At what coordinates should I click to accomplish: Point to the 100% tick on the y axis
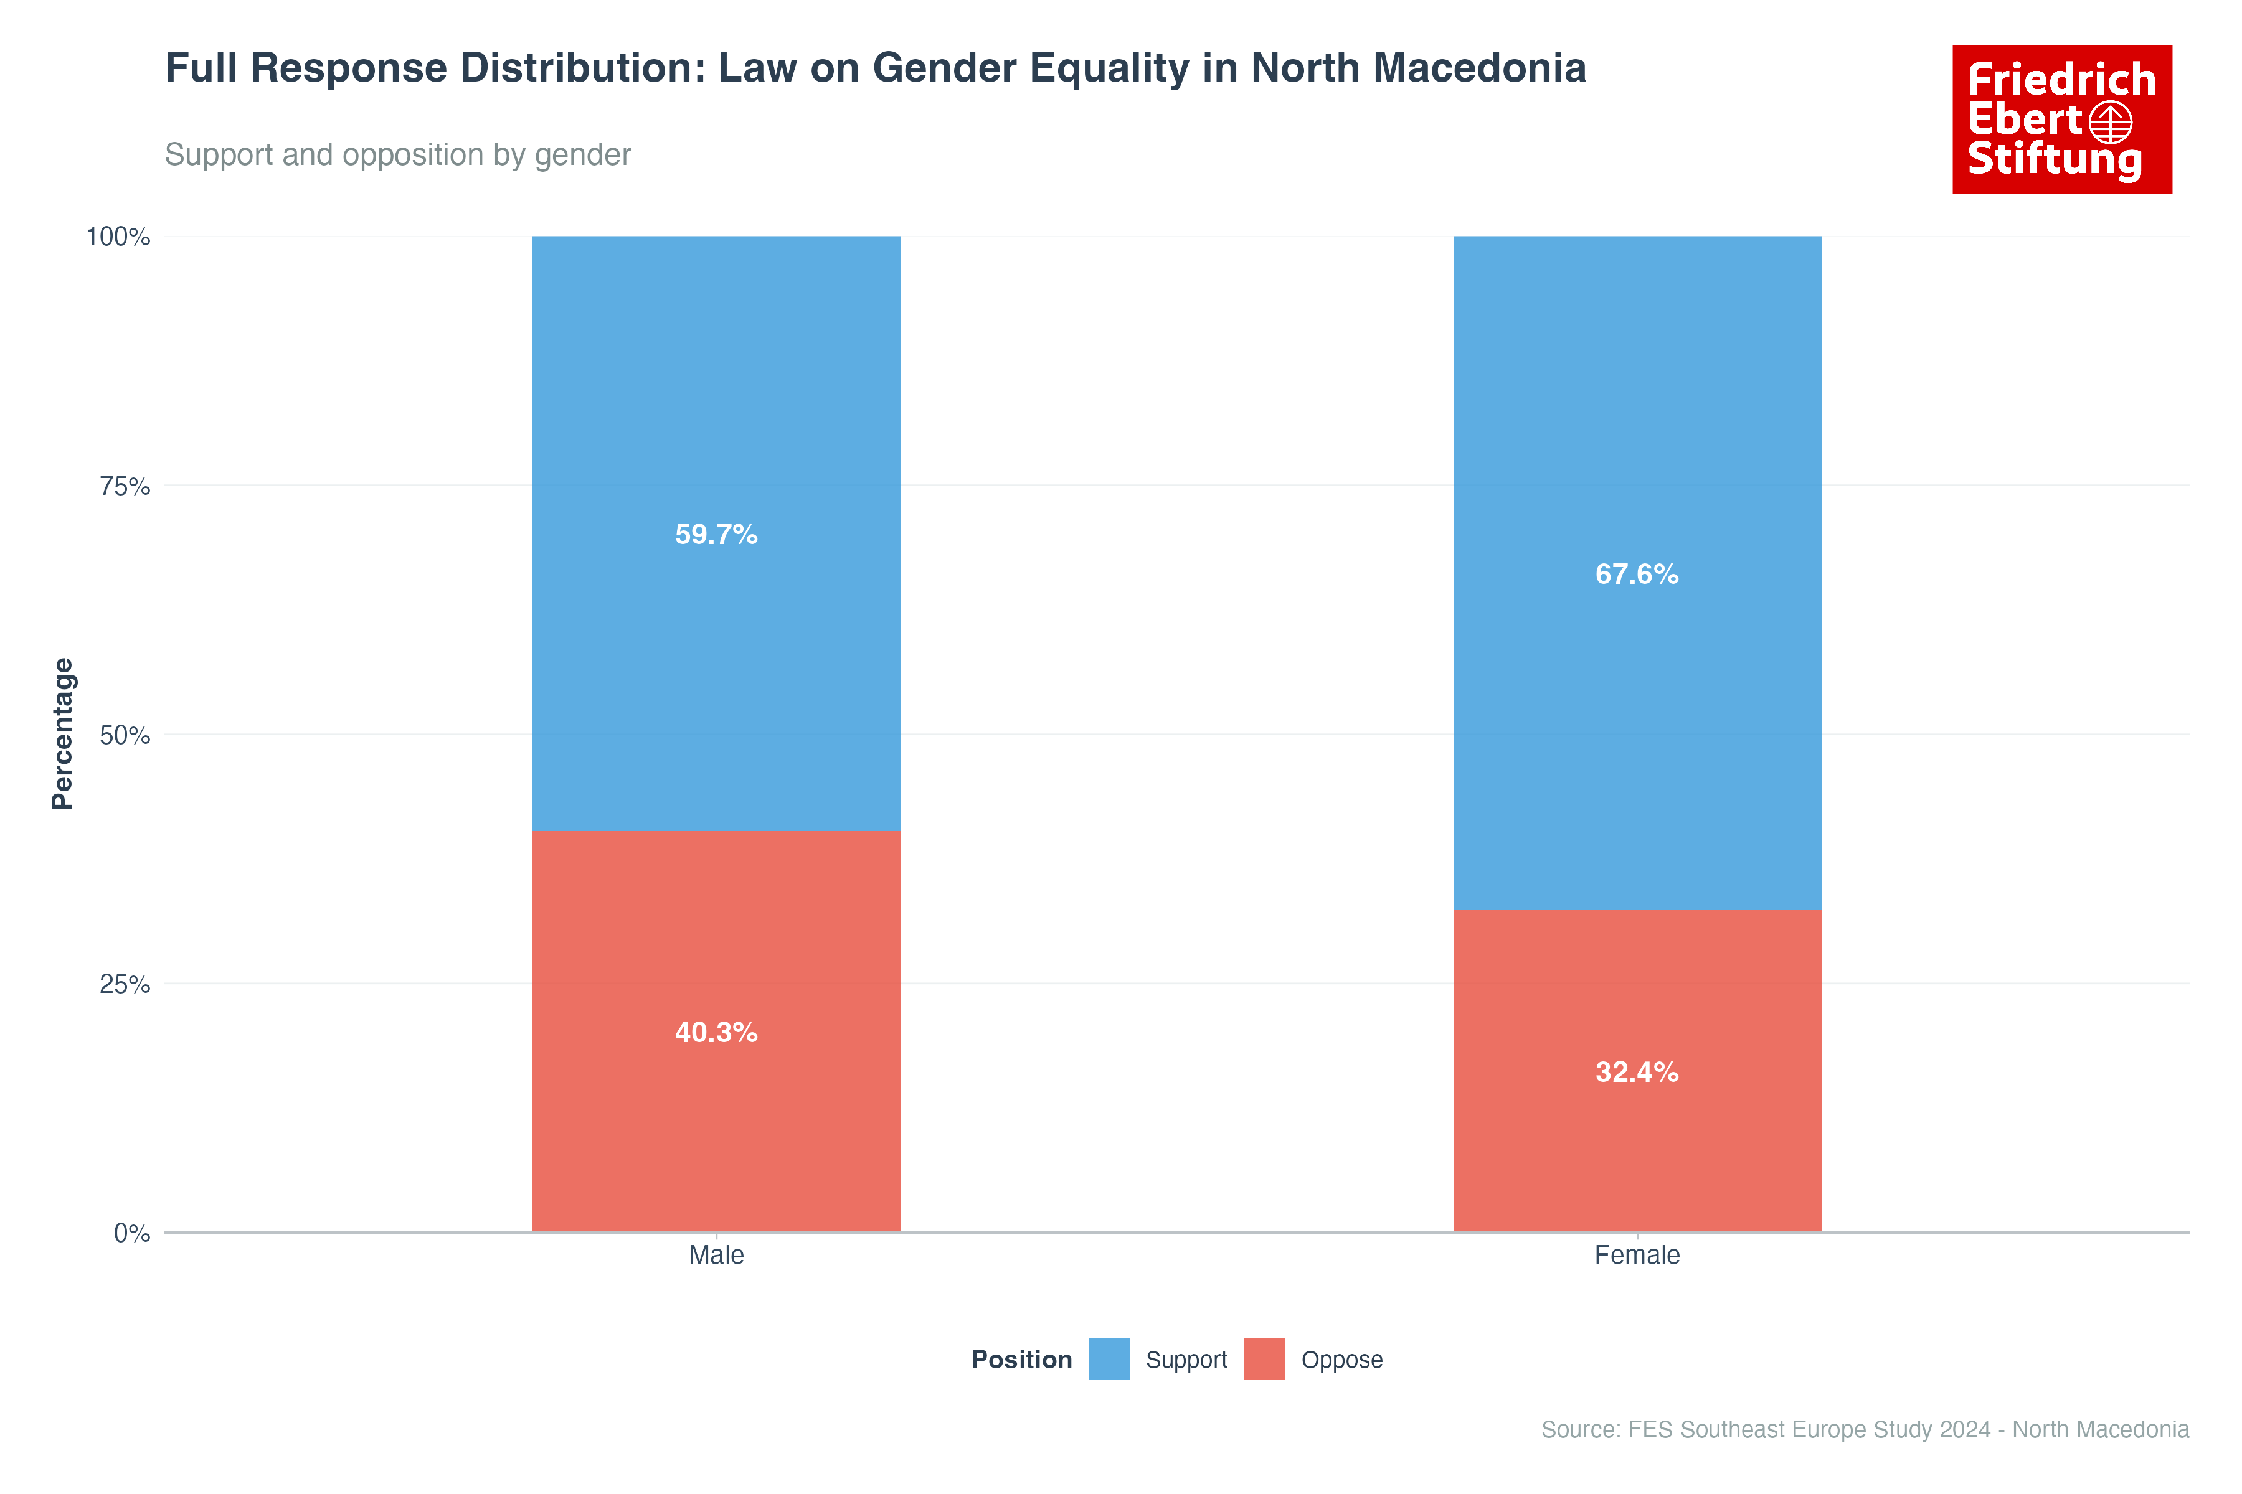[x=118, y=237]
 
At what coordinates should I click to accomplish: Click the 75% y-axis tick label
[x=125, y=486]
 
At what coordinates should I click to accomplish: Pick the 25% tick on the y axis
[x=125, y=984]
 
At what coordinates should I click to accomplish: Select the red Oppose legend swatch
[x=1264, y=1359]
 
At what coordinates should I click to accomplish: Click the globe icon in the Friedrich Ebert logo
[x=2111, y=122]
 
